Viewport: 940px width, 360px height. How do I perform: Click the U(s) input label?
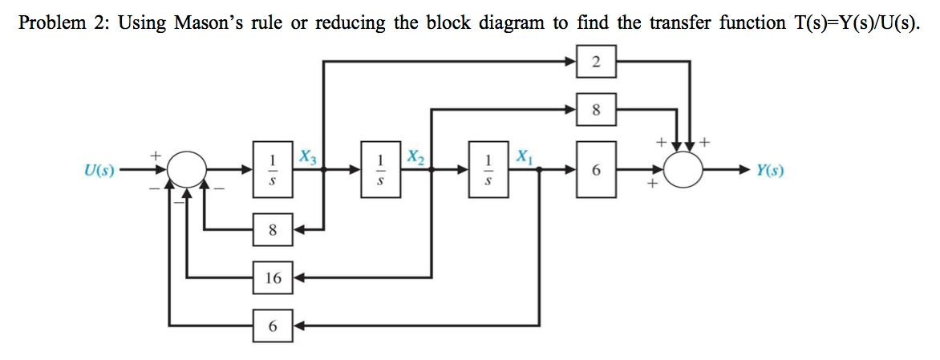coord(100,170)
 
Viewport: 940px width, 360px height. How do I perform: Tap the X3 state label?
coord(307,156)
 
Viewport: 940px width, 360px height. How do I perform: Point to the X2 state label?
coord(415,156)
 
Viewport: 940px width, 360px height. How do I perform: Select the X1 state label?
coord(523,156)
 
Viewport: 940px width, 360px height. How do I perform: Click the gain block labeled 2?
coord(596,62)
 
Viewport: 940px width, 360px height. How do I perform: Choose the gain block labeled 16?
coord(273,278)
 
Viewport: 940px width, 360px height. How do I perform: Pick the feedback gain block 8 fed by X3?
coord(273,230)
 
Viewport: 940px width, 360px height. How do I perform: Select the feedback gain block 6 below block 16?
coord(273,326)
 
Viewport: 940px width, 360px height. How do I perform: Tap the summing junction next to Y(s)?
coord(685,170)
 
